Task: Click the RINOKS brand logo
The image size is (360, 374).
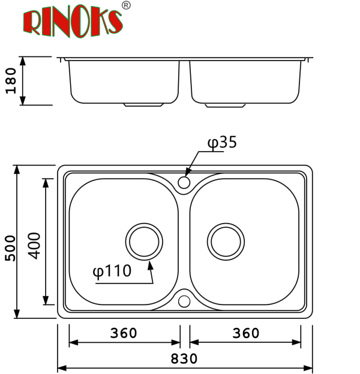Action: [x=73, y=22]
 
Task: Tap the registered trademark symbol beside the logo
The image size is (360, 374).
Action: [x=126, y=6]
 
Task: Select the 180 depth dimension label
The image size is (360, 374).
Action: [x=10, y=81]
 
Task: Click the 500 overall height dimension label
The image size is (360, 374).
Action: [x=10, y=248]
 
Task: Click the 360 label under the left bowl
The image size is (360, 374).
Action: [x=124, y=333]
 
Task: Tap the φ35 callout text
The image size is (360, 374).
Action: [x=222, y=142]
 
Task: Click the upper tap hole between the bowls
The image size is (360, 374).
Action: [x=185, y=182]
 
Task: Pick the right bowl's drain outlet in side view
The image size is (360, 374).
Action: [x=225, y=105]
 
